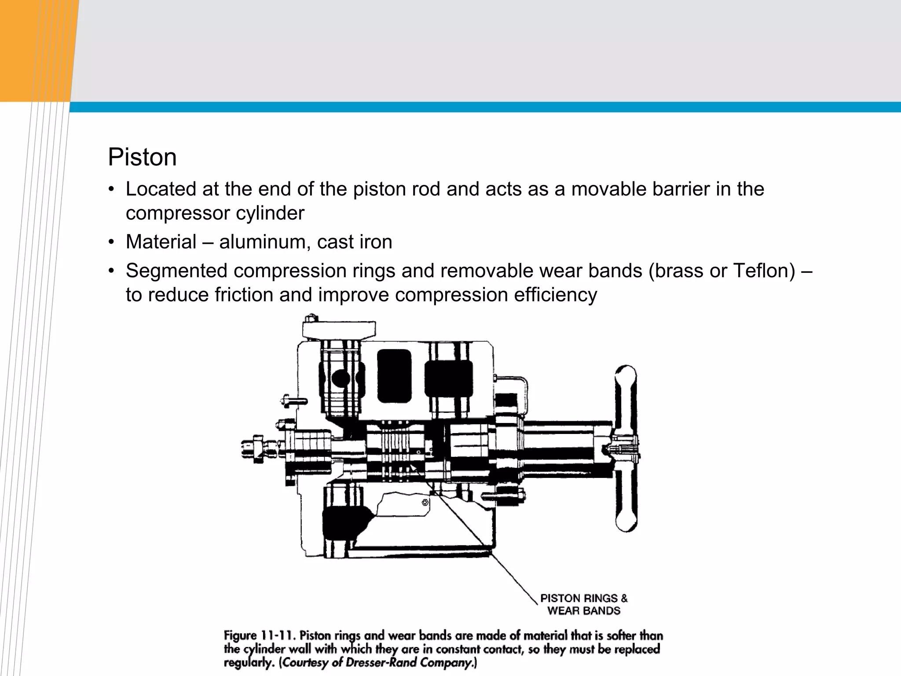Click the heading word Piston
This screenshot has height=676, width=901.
coord(142,157)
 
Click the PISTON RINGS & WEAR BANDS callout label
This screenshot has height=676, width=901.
coord(583,604)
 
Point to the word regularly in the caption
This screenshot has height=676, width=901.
coord(249,663)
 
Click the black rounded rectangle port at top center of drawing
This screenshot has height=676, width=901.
coord(394,376)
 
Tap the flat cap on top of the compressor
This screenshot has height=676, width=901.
coord(339,329)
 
